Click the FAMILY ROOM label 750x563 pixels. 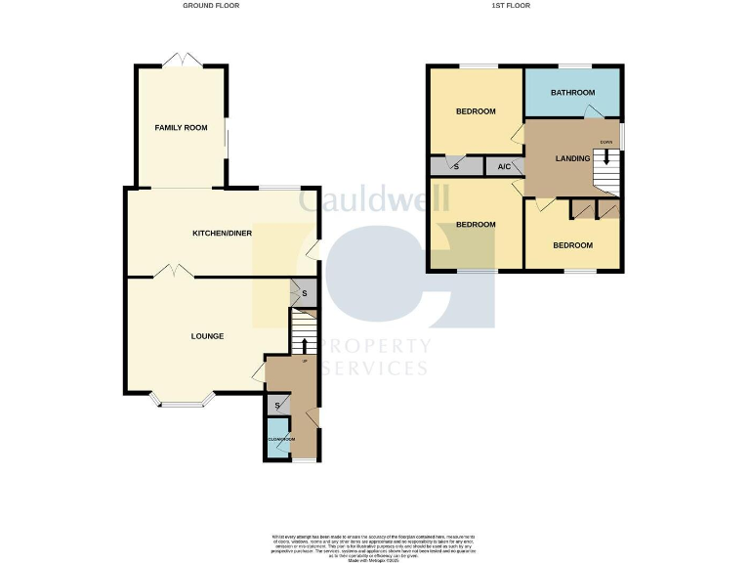181,128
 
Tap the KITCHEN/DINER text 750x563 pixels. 223,234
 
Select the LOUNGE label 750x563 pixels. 207,336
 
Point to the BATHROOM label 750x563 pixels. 572,93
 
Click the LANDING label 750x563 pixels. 572,158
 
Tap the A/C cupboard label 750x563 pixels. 504,167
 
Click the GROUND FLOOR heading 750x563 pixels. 211,6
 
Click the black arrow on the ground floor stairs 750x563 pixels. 304,345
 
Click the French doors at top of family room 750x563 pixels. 182,61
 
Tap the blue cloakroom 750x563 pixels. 278,439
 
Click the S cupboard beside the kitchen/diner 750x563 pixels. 304,293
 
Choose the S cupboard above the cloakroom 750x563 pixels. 277,405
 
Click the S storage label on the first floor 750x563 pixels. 456,167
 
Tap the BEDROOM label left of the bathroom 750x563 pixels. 476,111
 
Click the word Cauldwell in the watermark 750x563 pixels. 374,200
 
